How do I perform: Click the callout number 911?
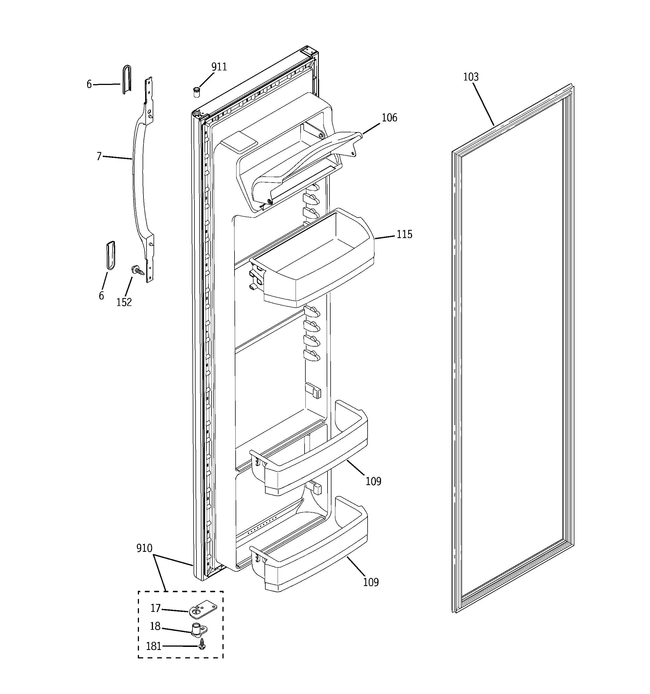pos(219,67)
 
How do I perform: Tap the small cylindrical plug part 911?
pos(197,93)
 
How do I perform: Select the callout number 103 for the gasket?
pos(471,77)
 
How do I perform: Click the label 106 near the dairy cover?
pos(389,118)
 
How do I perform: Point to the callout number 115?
pos(404,234)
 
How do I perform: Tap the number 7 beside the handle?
pos(99,156)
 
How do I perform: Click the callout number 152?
pos(124,302)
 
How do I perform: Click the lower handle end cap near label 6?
pos(111,255)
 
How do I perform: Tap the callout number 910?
pos(144,548)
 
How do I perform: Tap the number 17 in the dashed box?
pos(155,608)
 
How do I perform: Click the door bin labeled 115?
pos(314,269)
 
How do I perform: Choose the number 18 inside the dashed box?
pos(155,627)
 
